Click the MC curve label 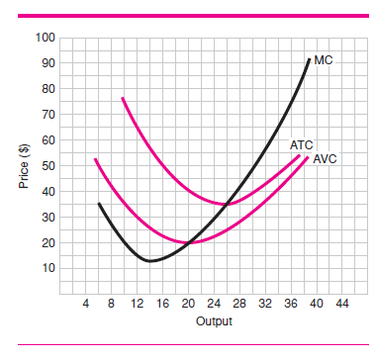click(x=324, y=60)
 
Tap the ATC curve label click(x=302, y=145)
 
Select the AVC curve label click(x=325, y=158)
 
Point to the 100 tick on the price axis click(x=45, y=38)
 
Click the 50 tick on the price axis click(x=45, y=166)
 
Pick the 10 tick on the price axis click(x=45, y=268)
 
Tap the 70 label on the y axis click(x=45, y=115)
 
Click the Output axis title click(x=214, y=322)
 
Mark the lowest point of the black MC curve click(x=148, y=261)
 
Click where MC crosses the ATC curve click(x=228, y=204)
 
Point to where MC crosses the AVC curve click(x=189, y=242)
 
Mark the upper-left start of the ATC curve click(x=122, y=98)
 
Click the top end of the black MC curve click(x=309, y=59)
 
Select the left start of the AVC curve click(x=95, y=159)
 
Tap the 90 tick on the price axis click(x=45, y=63)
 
